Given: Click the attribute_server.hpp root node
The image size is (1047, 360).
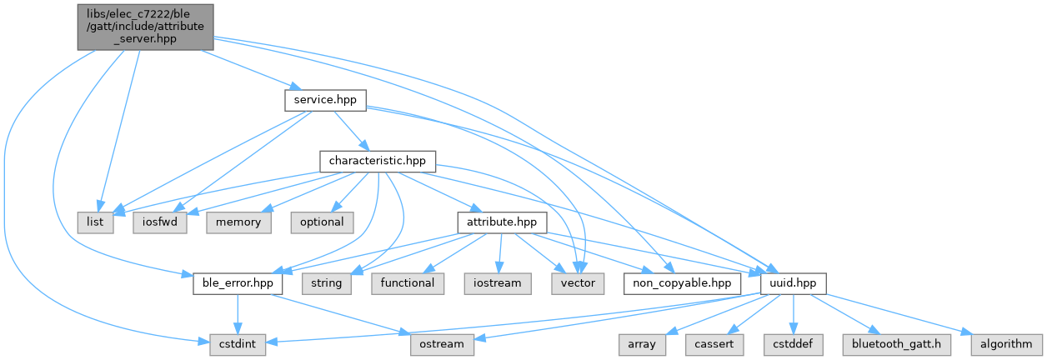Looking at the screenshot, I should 146,27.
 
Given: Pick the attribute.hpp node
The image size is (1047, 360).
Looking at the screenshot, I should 501,222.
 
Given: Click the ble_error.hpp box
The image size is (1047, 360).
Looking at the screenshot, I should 238,283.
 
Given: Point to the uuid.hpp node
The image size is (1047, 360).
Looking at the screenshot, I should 793,283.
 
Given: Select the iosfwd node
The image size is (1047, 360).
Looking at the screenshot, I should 158,222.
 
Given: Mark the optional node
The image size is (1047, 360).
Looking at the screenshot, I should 322,222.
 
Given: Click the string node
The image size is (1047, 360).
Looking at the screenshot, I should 326,283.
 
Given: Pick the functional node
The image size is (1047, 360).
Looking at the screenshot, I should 408,283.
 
